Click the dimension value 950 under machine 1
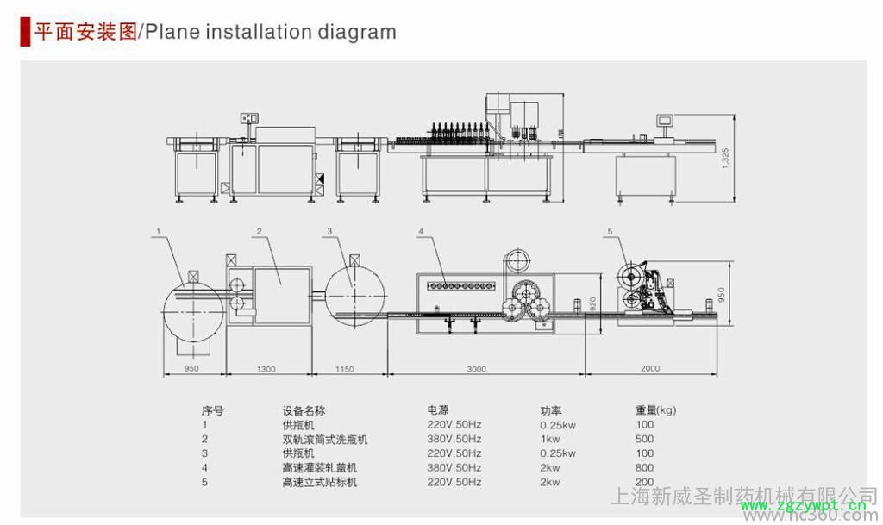[x=191, y=369]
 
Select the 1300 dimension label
[x=266, y=369]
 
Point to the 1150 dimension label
[x=343, y=369]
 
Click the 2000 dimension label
[x=650, y=369]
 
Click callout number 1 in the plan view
[x=158, y=231]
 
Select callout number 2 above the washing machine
[x=258, y=231]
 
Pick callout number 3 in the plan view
[x=329, y=231]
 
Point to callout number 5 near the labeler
[x=610, y=231]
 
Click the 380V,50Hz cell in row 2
[x=454, y=439]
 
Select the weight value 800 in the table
[x=644, y=468]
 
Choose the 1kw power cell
[x=550, y=439]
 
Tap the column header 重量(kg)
[x=655, y=410]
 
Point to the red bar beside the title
[x=23, y=32]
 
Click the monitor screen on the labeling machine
[x=666, y=120]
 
